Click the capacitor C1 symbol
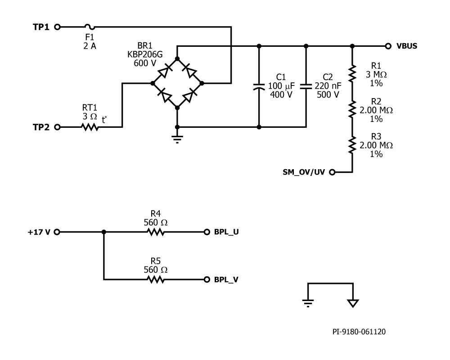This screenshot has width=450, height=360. click(259, 86)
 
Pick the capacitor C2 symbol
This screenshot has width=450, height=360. click(306, 86)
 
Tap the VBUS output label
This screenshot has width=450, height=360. click(407, 46)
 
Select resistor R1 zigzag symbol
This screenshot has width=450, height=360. click(352, 72)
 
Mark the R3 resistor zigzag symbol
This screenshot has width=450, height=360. click(352, 145)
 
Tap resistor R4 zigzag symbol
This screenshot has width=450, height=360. click(155, 232)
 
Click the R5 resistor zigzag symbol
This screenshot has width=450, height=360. click(155, 279)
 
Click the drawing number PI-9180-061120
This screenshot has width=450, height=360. click(359, 332)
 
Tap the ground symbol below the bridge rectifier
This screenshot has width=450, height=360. click(177, 138)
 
